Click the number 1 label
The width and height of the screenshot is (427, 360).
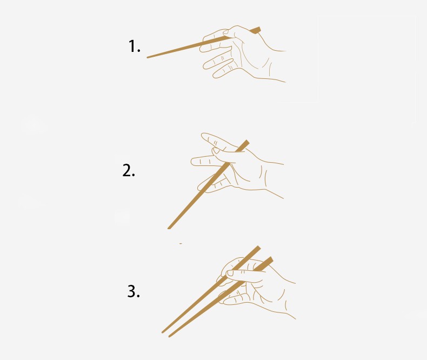point(134,46)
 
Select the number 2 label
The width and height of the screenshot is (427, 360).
point(129,170)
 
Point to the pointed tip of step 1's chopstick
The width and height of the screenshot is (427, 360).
point(148,57)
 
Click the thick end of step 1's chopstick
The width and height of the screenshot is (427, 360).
point(257,30)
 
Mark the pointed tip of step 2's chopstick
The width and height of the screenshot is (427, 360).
point(169,228)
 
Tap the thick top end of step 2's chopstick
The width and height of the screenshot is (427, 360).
point(246,143)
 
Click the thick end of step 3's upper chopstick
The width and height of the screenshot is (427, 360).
point(257,248)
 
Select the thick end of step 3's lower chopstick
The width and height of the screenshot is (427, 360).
point(270,259)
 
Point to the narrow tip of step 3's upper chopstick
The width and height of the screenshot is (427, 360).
point(163,332)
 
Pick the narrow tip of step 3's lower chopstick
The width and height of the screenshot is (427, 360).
point(169,336)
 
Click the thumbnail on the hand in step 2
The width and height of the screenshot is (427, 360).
point(216,151)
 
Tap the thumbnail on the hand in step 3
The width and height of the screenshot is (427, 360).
point(230,272)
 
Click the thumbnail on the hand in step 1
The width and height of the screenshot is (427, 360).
point(226,32)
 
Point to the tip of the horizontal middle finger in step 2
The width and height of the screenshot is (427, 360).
point(192,162)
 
